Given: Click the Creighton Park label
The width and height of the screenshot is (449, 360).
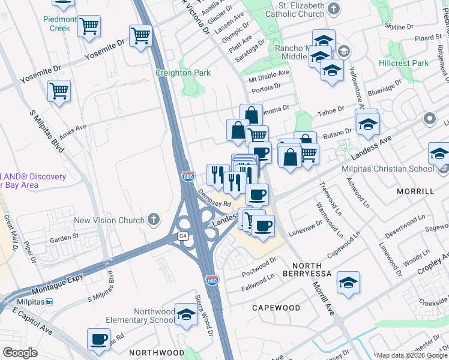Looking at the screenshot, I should tap(183, 73).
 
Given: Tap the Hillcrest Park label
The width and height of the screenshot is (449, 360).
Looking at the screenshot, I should tap(403, 63).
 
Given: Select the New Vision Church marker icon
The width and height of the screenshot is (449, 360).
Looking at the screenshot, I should tap(154, 220).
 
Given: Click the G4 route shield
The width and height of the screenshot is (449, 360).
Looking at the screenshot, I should tap(183, 236).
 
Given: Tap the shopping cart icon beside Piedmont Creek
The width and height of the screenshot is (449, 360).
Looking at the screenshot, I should tap(89, 26).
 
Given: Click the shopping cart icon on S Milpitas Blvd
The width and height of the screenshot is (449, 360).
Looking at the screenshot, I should tap(59, 91).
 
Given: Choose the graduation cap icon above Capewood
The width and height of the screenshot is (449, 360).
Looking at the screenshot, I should tap(348, 283).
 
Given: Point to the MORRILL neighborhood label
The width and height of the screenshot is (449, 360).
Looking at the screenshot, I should tap(415, 191).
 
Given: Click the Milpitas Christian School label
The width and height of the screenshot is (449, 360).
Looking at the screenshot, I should tap(388, 168).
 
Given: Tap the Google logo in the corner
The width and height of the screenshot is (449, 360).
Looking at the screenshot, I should tap(20, 353).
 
